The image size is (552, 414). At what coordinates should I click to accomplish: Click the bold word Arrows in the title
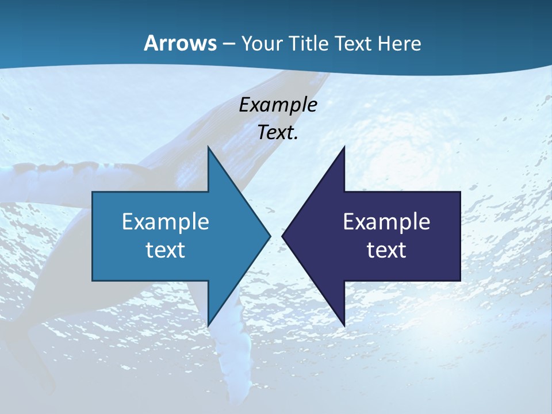point(180,43)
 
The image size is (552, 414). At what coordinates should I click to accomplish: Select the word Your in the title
point(260,43)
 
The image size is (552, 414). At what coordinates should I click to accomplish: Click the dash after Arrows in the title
point(228,44)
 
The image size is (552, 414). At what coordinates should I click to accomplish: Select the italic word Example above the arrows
point(278,105)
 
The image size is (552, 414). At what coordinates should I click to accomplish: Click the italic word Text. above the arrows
point(278,132)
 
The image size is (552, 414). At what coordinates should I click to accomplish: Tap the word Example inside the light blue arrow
point(166,222)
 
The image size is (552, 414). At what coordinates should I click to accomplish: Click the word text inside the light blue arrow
point(166,250)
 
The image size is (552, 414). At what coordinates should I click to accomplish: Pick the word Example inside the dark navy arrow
point(386,222)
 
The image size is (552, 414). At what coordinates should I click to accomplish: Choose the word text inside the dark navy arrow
point(386,250)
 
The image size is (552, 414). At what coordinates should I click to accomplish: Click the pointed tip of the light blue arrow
point(270,236)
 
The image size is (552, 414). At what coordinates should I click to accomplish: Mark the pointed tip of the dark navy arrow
point(283,236)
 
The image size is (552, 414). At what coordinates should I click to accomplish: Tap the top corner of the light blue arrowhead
point(208,148)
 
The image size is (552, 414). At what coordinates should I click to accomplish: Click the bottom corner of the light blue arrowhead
point(208,325)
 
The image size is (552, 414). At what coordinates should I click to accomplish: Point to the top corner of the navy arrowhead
point(344,148)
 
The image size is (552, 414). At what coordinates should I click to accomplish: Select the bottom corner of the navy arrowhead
point(344,325)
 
